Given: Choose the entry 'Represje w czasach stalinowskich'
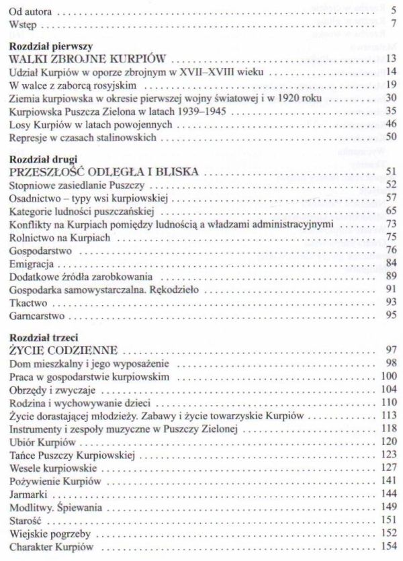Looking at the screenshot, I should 83,138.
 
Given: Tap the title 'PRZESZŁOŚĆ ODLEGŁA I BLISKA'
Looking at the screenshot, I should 103,172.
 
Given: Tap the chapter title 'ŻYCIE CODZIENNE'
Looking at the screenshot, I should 64,350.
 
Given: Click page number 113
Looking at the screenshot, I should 389,416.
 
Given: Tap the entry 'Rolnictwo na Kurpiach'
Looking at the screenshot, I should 60,237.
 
